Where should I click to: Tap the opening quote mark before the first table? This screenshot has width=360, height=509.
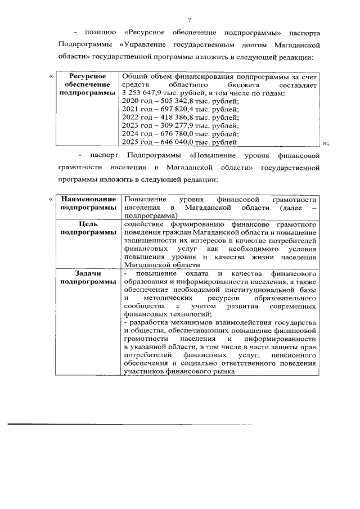click(51, 76)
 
